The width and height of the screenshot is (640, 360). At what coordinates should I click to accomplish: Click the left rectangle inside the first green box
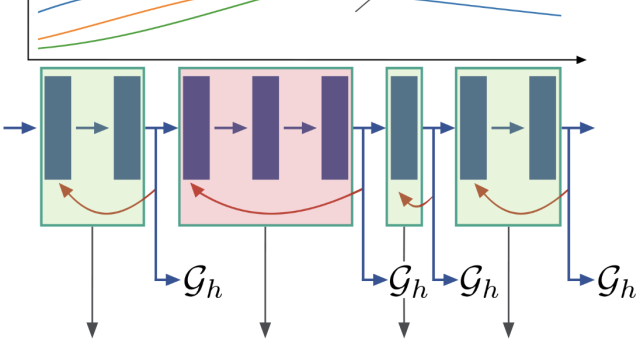pyautogui.click(x=58, y=127)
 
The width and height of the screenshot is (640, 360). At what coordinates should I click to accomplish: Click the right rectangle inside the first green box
pyautogui.click(x=127, y=127)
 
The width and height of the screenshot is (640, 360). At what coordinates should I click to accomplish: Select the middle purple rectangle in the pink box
pyautogui.click(x=265, y=127)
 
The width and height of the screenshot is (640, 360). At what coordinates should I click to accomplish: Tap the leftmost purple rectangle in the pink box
pyautogui.click(x=196, y=127)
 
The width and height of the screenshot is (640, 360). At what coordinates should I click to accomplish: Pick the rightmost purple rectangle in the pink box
pyautogui.click(x=334, y=127)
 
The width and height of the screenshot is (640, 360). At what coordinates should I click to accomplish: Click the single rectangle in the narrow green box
pyautogui.click(x=404, y=127)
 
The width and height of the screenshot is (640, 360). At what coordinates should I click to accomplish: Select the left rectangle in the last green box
pyautogui.click(x=473, y=127)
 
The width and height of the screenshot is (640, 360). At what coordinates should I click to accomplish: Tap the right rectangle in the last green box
pyautogui.click(x=542, y=127)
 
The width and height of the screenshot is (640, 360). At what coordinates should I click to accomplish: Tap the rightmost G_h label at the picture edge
pyautogui.click(x=616, y=284)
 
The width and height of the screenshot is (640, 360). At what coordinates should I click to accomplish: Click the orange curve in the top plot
pyautogui.click(x=120, y=19)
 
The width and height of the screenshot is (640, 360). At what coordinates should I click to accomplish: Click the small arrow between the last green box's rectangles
pyautogui.click(x=508, y=128)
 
